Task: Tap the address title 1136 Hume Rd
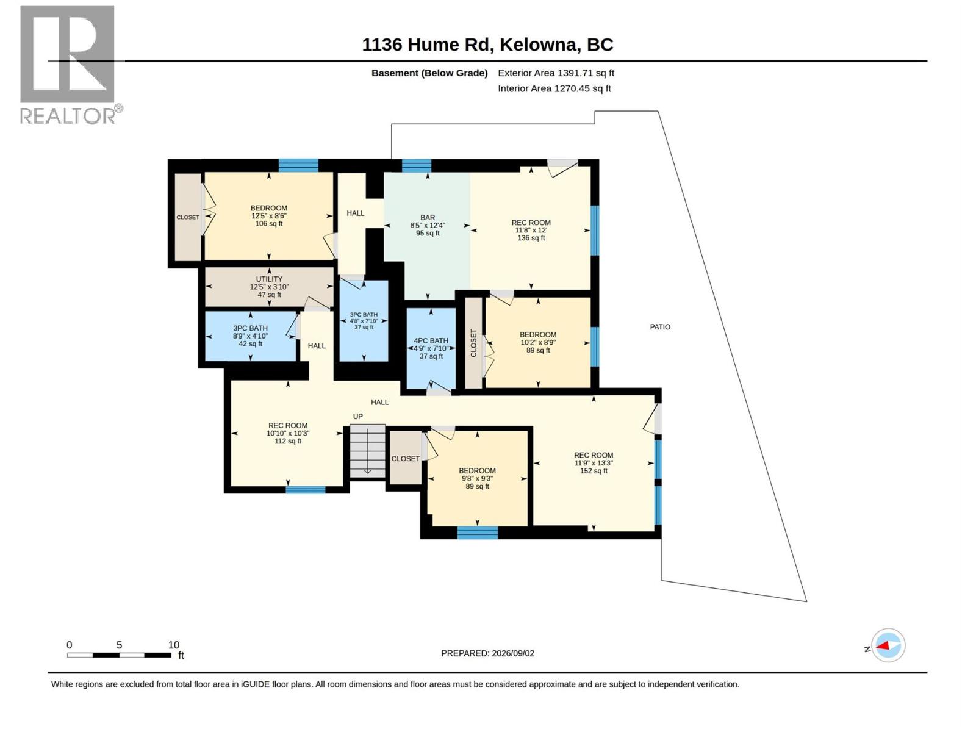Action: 426,45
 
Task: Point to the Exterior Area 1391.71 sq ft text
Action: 556,73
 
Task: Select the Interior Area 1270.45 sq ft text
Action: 554,89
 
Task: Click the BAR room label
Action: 428,218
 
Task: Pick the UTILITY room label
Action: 269,279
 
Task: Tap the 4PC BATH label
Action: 431,341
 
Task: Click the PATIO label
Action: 660,327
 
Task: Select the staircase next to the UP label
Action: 367,451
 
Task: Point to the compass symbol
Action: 888,645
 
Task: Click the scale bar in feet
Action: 119,655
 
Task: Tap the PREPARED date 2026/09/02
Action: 487,653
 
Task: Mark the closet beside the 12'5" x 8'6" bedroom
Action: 188,217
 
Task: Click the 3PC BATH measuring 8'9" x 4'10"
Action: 250,336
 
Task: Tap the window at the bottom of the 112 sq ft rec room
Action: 306,490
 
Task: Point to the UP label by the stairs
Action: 357,417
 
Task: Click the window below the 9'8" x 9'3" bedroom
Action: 478,533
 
